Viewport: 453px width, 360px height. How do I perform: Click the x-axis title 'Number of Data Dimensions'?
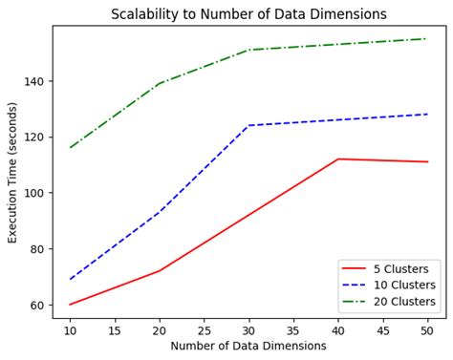[248, 346]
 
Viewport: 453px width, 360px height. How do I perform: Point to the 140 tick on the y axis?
[36, 81]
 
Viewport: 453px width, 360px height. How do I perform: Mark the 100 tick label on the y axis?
[36, 193]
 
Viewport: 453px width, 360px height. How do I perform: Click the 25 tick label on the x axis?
[205, 329]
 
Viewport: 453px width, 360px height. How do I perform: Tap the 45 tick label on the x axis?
[383, 329]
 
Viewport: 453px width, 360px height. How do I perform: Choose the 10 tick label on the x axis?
[70, 329]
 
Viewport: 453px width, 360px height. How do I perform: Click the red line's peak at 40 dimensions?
[338, 159]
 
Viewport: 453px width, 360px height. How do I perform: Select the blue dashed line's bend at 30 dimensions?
[248, 125]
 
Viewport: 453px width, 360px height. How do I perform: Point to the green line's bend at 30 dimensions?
[248, 50]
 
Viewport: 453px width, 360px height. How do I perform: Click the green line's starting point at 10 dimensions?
[70, 148]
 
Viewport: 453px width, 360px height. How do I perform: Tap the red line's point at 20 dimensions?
[160, 271]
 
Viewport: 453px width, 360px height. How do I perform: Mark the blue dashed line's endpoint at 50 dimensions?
[428, 115]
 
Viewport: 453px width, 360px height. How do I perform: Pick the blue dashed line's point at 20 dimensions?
[160, 212]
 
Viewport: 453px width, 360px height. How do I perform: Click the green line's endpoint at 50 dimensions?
[428, 39]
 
